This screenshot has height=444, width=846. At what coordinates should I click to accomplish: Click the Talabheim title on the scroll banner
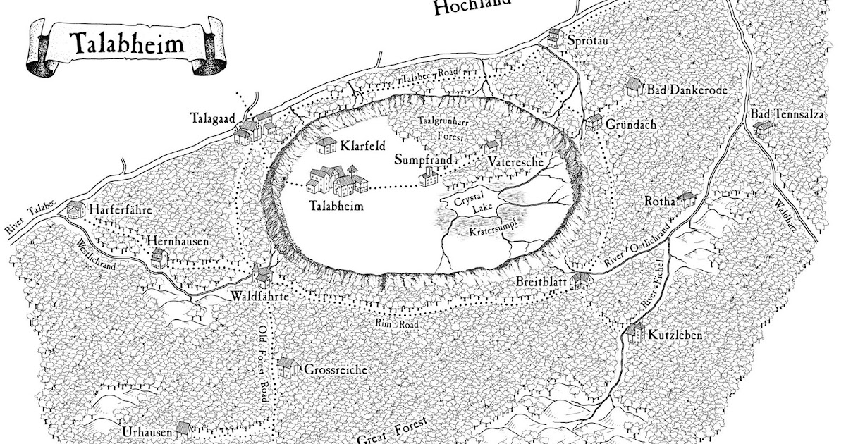click(127, 46)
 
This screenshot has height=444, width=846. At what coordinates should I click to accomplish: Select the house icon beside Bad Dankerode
click(634, 88)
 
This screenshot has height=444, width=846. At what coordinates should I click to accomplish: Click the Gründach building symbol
click(593, 123)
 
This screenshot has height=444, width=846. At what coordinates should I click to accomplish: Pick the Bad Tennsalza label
click(783, 114)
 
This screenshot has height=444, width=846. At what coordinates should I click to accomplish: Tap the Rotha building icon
click(685, 200)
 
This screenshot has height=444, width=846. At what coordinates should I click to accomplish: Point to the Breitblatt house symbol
click(580, 281)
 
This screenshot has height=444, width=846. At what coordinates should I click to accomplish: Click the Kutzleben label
click(675, 335)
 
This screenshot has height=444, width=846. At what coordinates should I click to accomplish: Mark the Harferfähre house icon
click(73, 209)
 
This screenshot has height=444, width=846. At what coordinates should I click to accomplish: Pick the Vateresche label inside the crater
click(515, 162)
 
